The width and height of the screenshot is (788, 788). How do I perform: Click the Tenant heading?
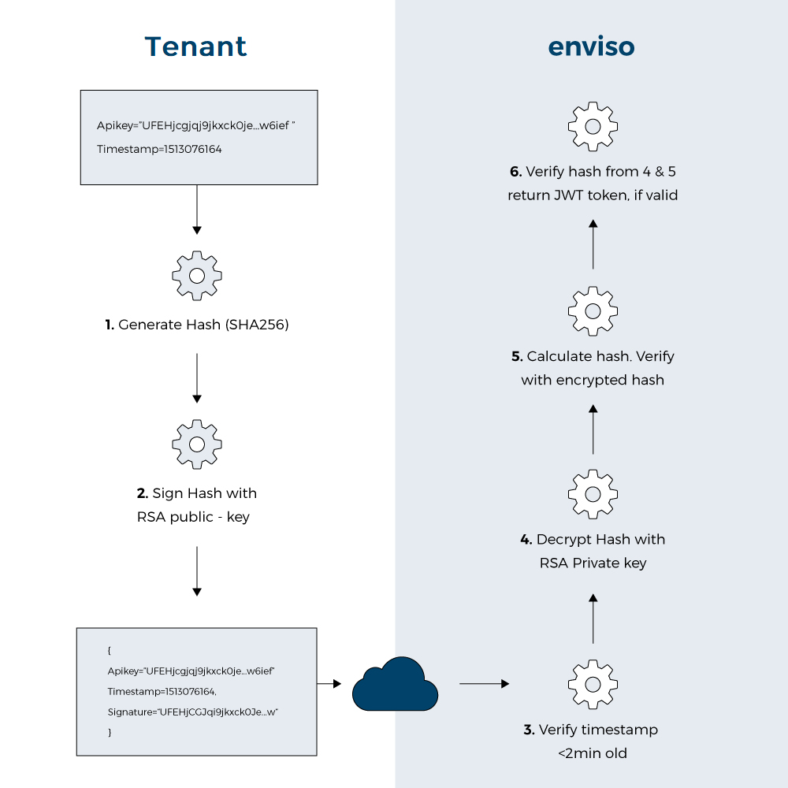click(195, 46)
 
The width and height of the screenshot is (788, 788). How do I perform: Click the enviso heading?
click(591, 46)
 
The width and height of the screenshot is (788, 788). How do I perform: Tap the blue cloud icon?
click(395, 684)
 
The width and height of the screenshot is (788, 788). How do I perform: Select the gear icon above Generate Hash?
click(197, 276)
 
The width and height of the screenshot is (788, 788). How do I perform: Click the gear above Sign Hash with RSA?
click(197, 444)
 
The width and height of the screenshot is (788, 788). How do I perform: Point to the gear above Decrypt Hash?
click(593, 494)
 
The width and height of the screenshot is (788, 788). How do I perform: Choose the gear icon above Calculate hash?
click(593, 311)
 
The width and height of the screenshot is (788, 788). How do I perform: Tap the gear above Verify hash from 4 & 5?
click(593, 126)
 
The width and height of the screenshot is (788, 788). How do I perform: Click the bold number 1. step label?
click(110, 325)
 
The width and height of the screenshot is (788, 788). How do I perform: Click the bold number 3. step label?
click(529, 730)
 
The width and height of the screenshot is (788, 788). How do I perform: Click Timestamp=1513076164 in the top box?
click(159, 148)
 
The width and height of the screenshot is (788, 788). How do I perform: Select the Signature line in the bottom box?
click(194, 712)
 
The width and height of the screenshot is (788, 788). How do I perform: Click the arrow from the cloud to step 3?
click(484, 684)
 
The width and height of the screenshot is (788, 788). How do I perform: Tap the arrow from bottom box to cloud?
click(329, 684)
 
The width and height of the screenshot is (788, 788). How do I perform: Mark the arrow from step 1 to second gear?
click(197, 377)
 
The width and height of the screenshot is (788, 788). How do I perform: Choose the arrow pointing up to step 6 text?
click(593, 244)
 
